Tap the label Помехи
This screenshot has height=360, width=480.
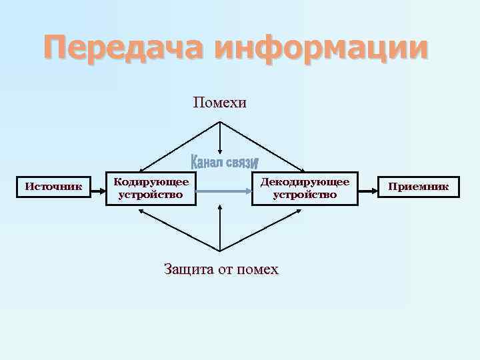[x=220, y=102]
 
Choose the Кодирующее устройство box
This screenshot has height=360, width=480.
[x=151, y=188]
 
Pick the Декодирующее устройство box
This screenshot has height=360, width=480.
[x=304, y=188]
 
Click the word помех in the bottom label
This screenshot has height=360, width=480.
[x=258, y=269]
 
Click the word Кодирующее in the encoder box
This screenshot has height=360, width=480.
[x=151, y=181]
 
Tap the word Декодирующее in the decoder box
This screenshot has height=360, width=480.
[x=305, y=181]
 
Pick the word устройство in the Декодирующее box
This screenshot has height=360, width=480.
[x=305, y=195]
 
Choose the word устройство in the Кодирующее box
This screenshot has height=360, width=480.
[x=151, y=195]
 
